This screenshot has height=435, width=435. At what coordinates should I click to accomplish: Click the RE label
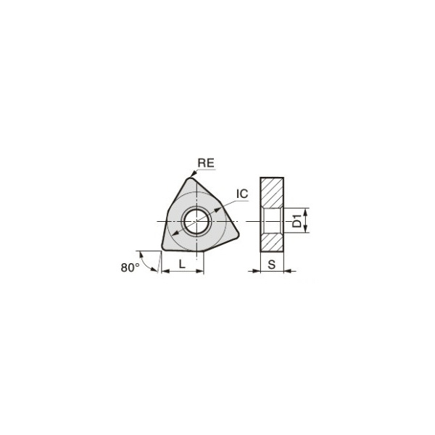[206, 163]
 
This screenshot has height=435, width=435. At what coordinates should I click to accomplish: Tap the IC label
[242, 194]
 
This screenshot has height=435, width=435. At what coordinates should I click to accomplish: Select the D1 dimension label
[297, 220]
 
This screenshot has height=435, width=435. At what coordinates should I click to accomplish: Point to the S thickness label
[272, 265]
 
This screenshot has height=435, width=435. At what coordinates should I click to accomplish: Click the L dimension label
[182, 264]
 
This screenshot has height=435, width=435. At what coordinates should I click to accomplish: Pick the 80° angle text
[130, 268]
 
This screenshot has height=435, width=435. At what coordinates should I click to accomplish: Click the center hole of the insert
[196, 221]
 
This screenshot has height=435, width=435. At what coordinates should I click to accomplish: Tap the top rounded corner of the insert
[190, 180]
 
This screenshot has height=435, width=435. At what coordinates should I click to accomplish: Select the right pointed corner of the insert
[236, 235]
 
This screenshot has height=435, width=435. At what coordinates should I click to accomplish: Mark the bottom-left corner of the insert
[165, 248]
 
